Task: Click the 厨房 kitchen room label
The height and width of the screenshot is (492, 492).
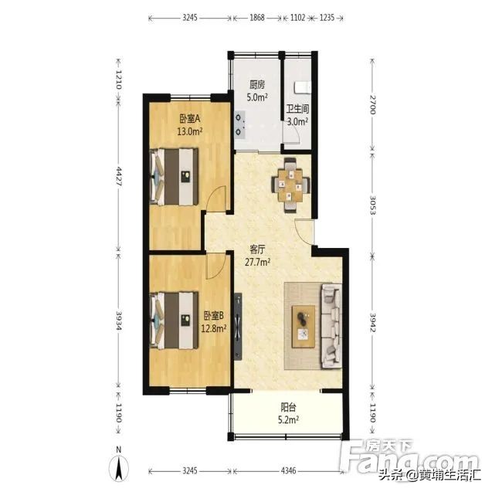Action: pyautogui.click(x=258, y=86)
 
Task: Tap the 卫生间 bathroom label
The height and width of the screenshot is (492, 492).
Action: pyautogui.click(x=297, y=110)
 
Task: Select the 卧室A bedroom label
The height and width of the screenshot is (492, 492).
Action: pyautogui.click(x=189, y=119)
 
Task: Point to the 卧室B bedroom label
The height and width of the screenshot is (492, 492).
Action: pyautogui.click(x=214, y=315)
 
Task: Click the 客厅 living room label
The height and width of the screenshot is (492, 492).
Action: pyautogui.click(x=257, y=249)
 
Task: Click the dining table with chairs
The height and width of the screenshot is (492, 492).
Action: pyautogui.click(x=290, y=184)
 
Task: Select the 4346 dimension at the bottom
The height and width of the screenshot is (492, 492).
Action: pyautogui.click(x=288, y=470)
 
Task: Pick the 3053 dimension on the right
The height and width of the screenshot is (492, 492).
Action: pyautogui.click(x=372, y=201)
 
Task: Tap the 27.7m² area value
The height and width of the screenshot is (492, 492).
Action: pyautogui.click(x=257, y=262)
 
